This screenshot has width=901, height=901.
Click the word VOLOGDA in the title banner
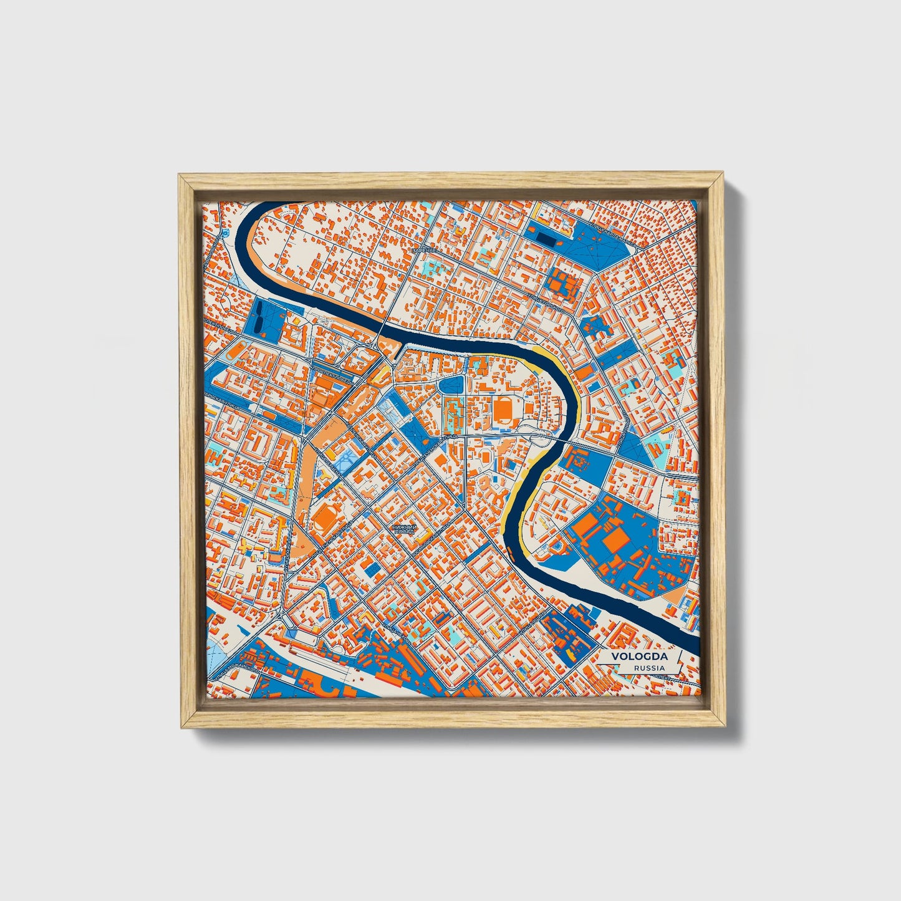tap(639, 657)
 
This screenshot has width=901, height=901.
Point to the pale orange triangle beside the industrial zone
tap(674, 596)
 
